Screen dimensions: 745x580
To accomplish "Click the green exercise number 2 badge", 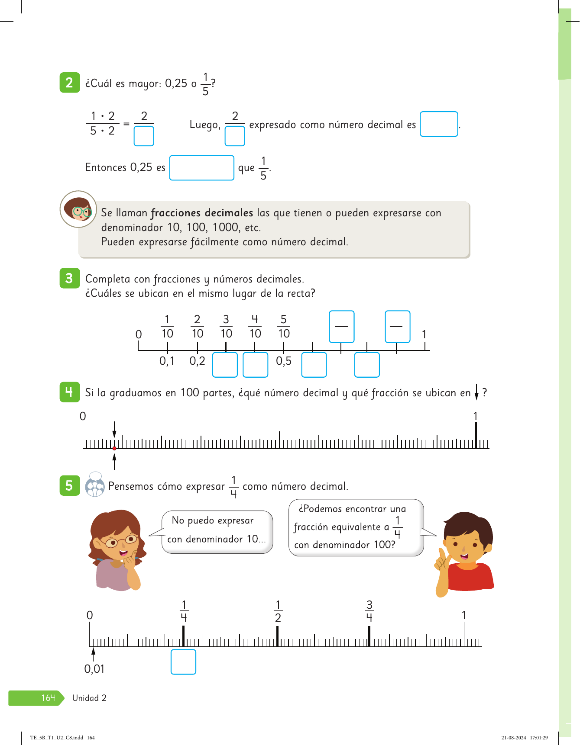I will tap(69, 83).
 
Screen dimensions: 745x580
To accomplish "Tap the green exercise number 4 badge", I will tap(69, 392).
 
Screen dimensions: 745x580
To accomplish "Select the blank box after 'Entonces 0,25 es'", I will tap(201, 167).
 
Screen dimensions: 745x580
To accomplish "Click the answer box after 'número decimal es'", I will tap(438, 124).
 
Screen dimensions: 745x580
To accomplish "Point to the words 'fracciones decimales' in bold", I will tap(202, 213).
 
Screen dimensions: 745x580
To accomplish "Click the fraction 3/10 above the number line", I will tap(226, 327).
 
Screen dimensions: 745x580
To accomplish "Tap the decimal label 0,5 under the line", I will tap(284, 361).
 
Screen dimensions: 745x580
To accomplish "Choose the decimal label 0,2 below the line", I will tap(197, 361).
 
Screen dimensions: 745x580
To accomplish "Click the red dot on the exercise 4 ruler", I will tap(114, 448).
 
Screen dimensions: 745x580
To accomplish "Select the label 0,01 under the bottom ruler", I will tap(94, 669).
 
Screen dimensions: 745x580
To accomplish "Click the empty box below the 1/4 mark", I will tap(183, 662).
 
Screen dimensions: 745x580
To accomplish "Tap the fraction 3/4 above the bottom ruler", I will tap(369, 611).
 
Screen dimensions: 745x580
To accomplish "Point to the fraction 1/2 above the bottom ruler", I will tap(278, 611).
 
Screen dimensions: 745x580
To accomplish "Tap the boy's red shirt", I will tap(470, 578).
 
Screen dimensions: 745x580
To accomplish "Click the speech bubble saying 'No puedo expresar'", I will tap(217, 532).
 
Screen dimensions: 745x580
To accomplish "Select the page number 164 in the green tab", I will tap(48, 698).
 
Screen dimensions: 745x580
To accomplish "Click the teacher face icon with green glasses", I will tap(78, 209).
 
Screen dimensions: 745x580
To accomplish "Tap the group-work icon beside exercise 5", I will tap(95, 485).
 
